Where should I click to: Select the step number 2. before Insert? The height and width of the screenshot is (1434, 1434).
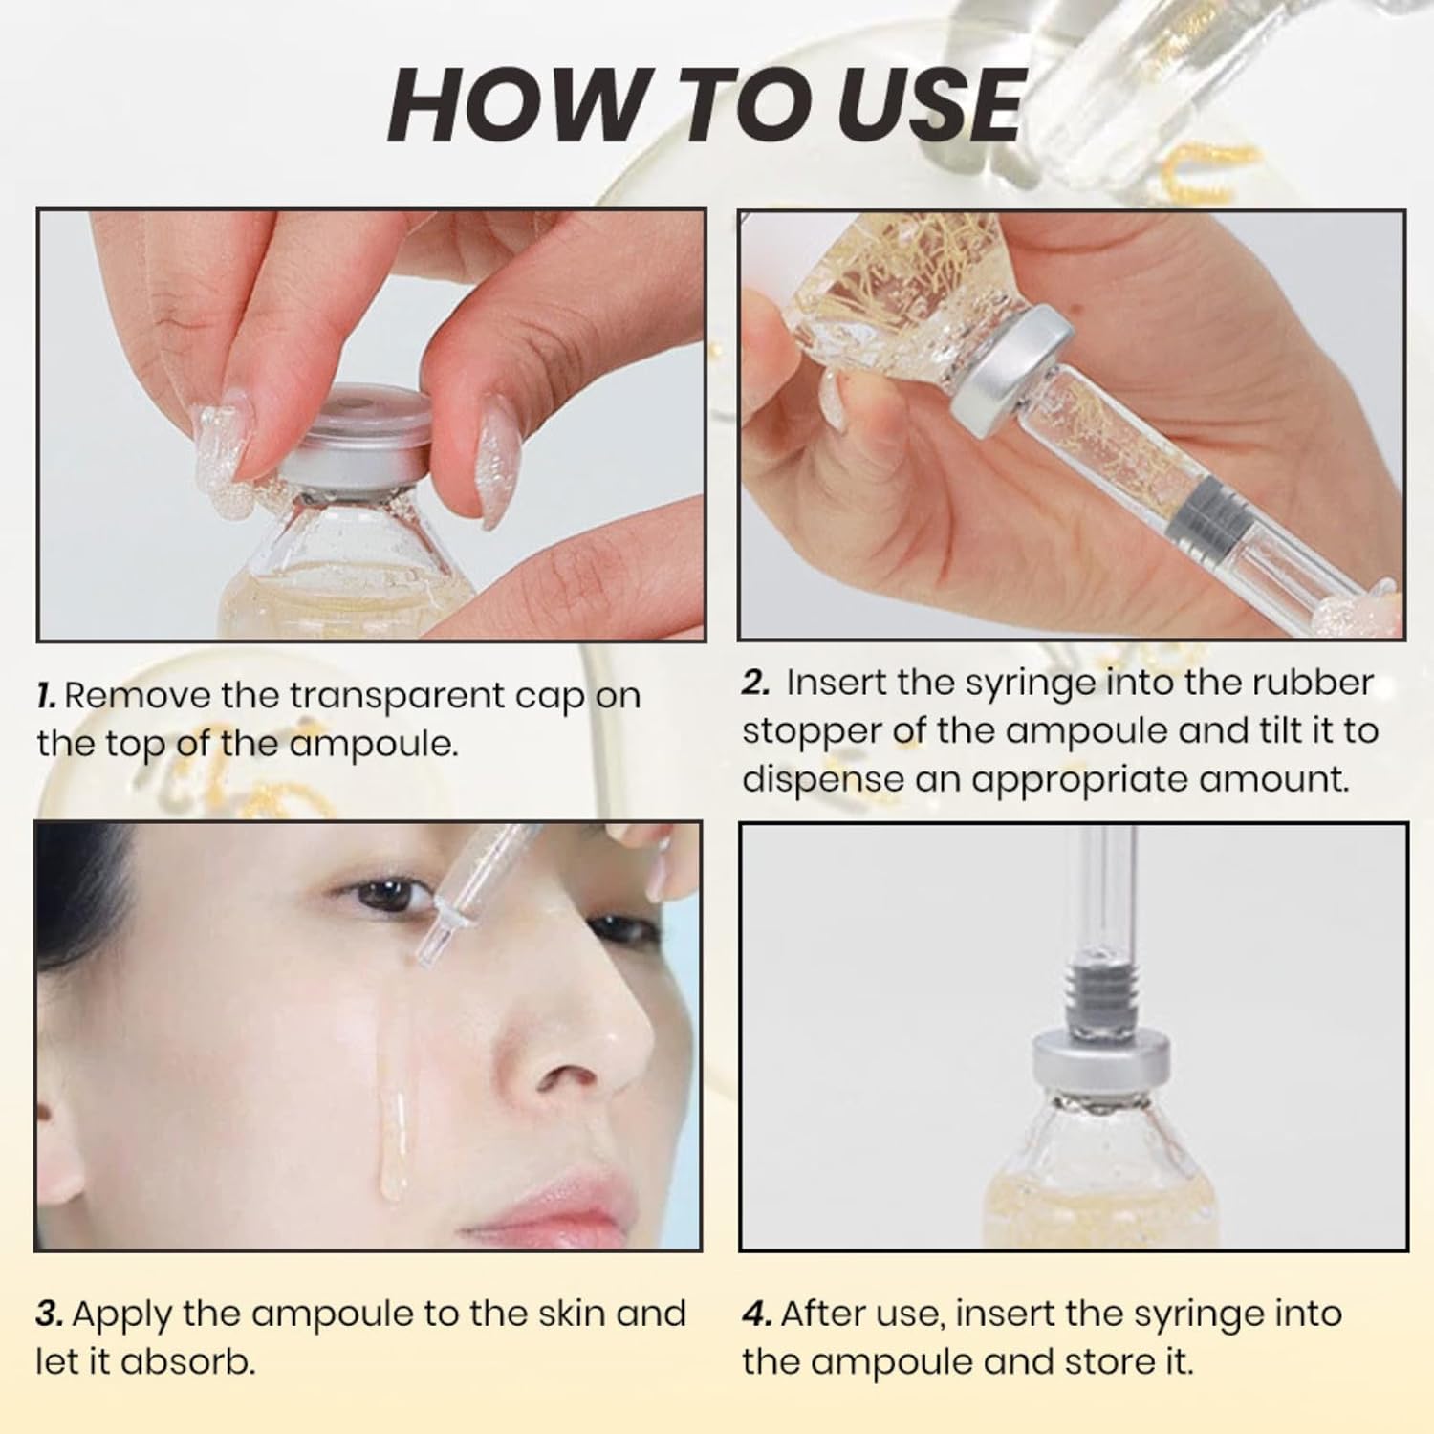click(x=756, y=683)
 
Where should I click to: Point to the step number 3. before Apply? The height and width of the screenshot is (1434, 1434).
click(x=50, y=1314)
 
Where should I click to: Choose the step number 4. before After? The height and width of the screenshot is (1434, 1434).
click(x=757, y=1314)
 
